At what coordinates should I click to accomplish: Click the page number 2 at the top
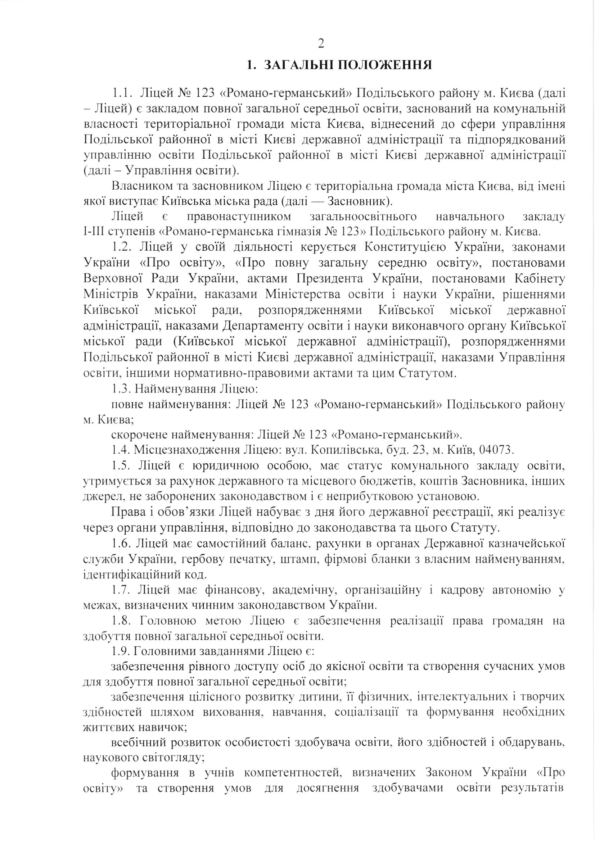(320, 44)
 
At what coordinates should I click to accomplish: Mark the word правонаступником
(239, 217)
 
